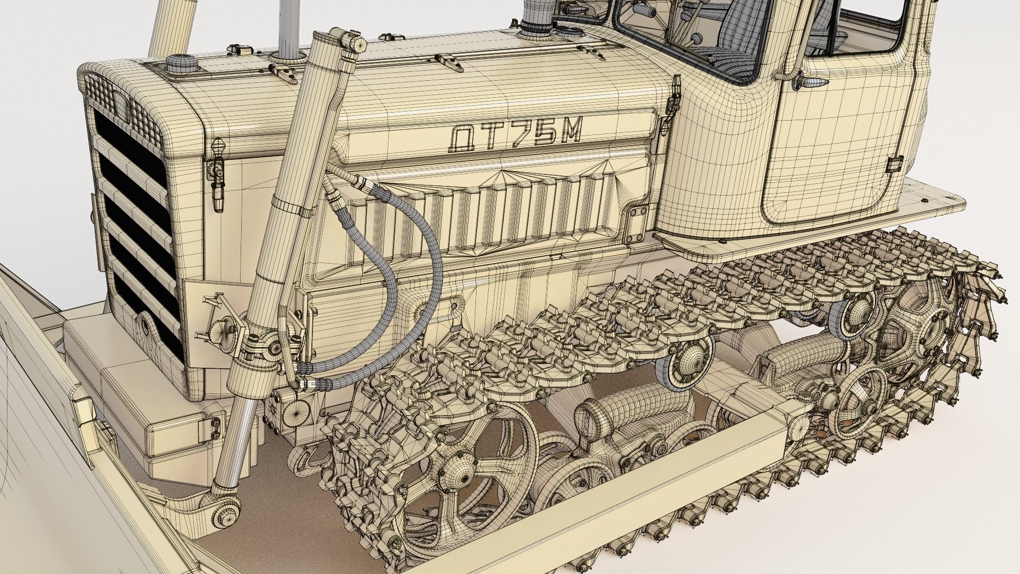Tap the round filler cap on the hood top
click(x=181, y=64)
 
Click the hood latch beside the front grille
click(x=217, y=170)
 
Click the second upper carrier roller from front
click(x=853, y=314)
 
